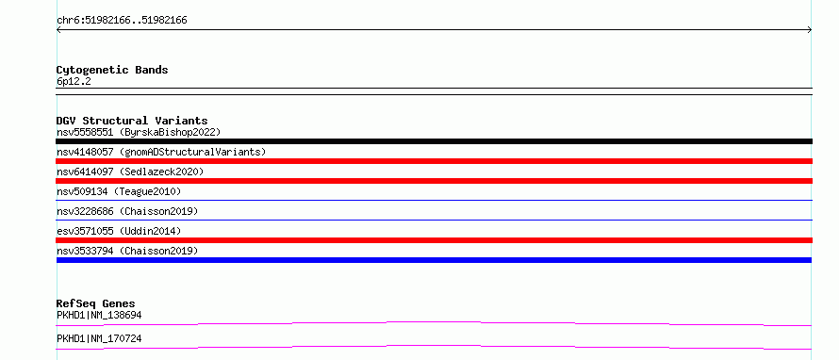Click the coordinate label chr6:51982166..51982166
(x=122, y=21)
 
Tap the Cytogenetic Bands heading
(x=112, y=70)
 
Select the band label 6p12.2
(x=74, y=81)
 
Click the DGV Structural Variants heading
(x=132, y=121)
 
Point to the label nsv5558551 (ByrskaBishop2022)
(x=139, y=132)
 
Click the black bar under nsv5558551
(x=434, y=141)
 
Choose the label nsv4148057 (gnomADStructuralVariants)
(x=161, y=152)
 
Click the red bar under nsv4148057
(x=434, y=161)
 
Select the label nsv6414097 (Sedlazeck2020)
(x=130, y=172)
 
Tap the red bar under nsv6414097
(x=434, y=181)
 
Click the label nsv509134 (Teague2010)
(x=119, y=191)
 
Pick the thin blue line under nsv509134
(x=434, y=200)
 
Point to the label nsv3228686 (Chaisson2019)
(x=127, y=211)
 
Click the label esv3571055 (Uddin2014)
(x=119, y=231)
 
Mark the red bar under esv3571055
(x=434, y=240)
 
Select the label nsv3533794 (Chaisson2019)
(x=127, y=251)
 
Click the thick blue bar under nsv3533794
(x=434, y=260)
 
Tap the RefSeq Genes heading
(x=95, y=304)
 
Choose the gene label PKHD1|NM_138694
(x=99, y=315)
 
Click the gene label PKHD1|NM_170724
(x=99, y=338)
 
